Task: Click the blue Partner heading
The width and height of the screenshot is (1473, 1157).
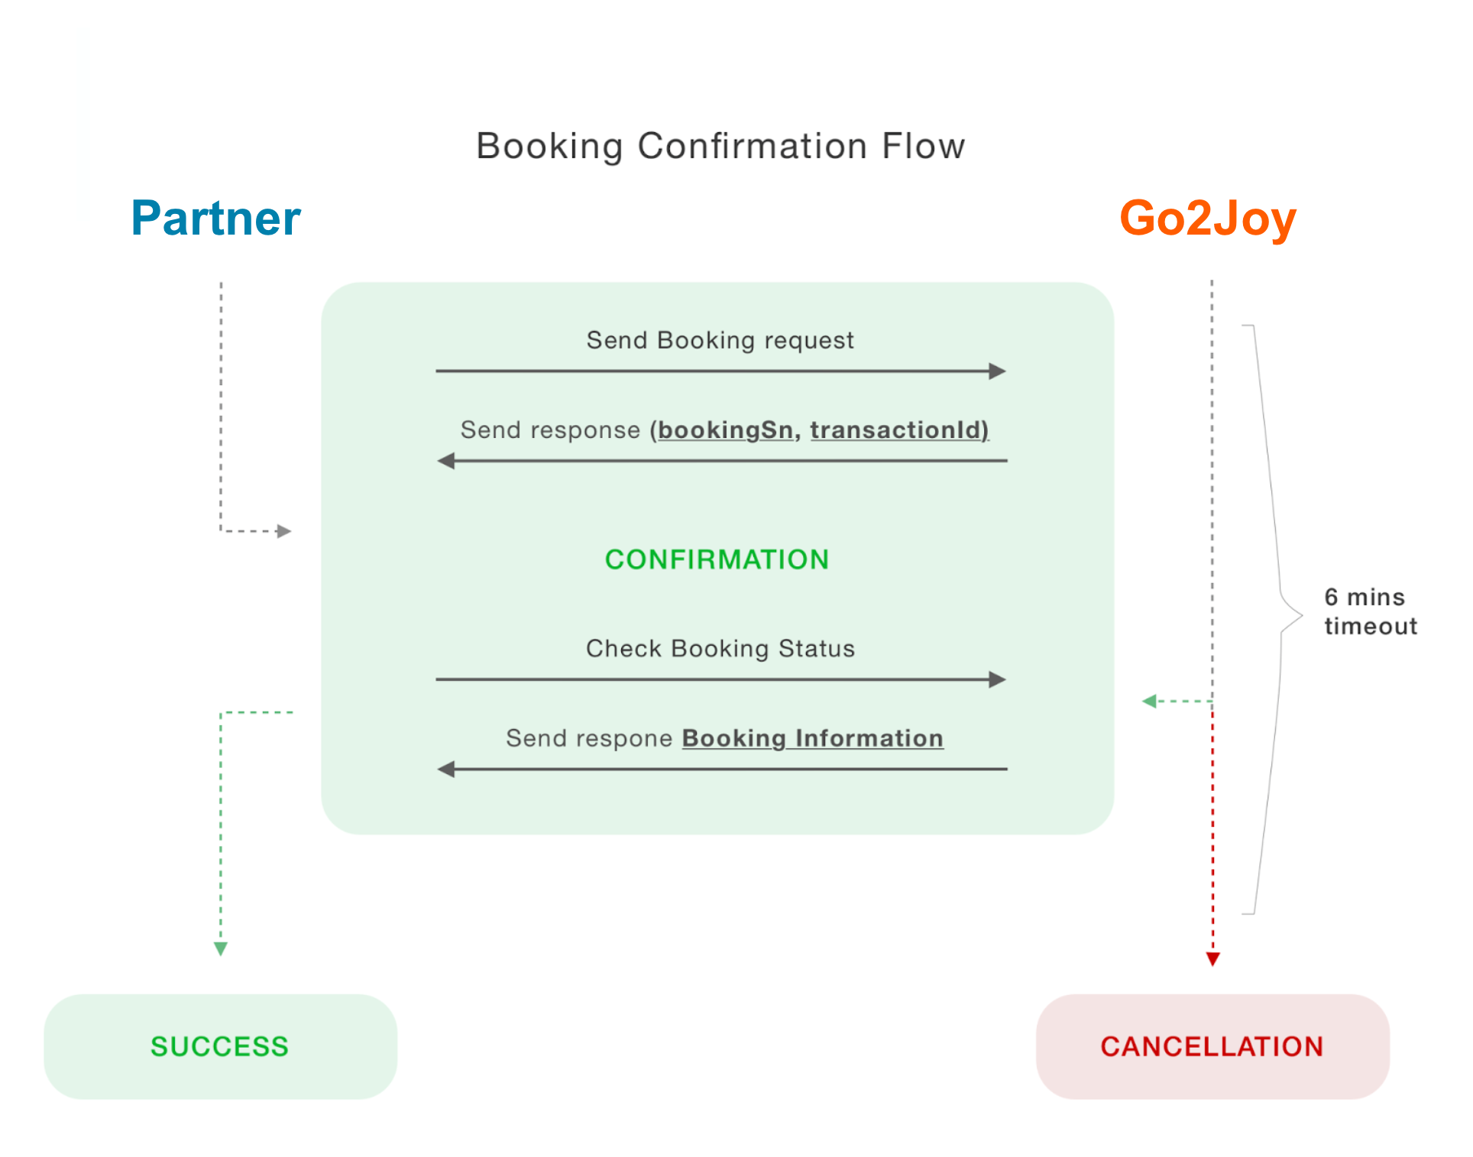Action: [x=215, y=219]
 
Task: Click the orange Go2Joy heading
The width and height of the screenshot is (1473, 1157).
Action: [x=1207, y=219]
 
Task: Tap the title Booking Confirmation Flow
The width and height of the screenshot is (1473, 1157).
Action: [x=720, y=146]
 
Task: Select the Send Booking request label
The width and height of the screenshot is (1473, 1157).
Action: [x=720, y=340]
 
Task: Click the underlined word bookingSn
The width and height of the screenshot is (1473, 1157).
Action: [x=725, y=430]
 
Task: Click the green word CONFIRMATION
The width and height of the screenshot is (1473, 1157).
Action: [x=717, y=559]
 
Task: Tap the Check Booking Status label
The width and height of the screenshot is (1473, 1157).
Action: [x=720, y=649]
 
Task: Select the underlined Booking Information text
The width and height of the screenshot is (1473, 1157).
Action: [x=812, y=738]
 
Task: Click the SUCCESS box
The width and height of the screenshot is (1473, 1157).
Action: [x=220, y=1046]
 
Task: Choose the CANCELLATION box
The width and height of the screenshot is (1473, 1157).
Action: [x=1212, y=1046]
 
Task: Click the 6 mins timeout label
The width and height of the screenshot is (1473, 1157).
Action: [x=1369, y=611]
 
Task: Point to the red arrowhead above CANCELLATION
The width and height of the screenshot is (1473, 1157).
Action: [x=1212, y=958]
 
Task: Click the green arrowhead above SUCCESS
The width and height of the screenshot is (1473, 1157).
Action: [x=221, y=948]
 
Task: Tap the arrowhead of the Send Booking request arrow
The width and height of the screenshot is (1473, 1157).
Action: [x=997, y=371]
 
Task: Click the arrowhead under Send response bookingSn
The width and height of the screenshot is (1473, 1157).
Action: [x=446, y=461]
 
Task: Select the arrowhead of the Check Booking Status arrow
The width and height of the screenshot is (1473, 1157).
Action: [x=997, y=679]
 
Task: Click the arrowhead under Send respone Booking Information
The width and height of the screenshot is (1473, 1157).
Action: [x=446, y=769]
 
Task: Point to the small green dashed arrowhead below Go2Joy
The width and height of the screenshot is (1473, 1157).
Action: [x=1149, y=701]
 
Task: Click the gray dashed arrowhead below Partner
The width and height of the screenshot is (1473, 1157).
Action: [x=284, y=531]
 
